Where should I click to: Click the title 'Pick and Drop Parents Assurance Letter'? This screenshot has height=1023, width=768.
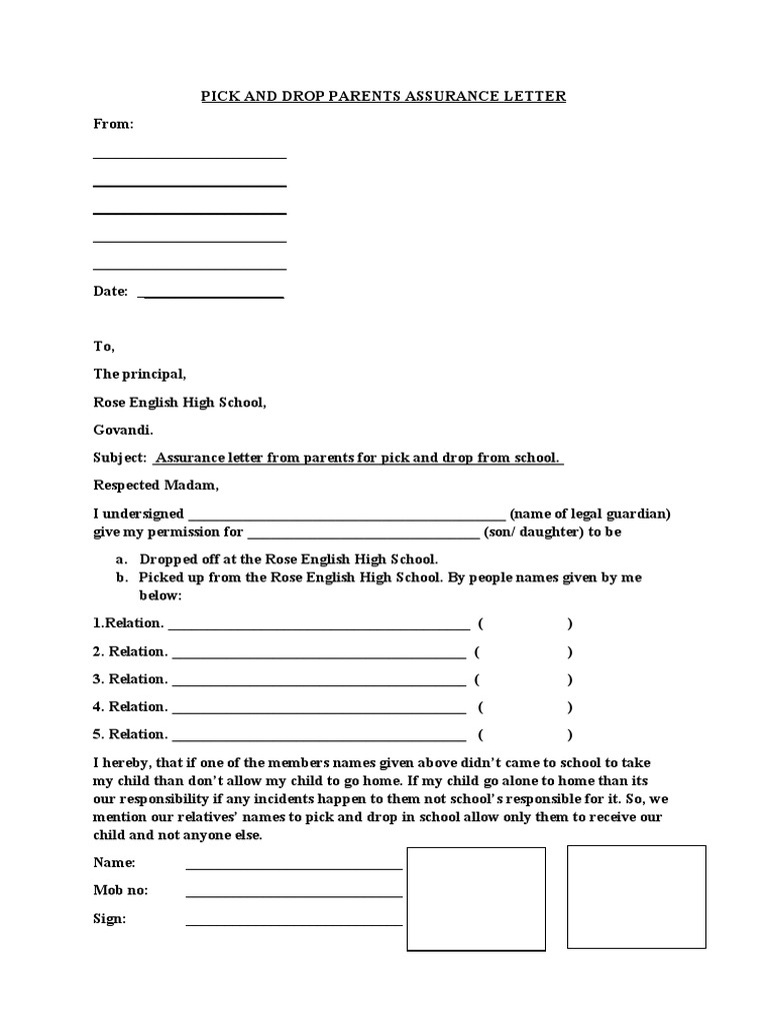[384, 96]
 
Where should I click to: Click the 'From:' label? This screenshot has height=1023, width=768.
[113, 124]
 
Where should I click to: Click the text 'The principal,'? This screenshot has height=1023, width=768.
[139, 374]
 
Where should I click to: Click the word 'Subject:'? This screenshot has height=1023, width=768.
[120, 458]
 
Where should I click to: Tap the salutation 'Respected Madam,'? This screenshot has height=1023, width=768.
[154, 486]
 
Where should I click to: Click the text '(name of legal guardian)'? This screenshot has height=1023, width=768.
[589, 513]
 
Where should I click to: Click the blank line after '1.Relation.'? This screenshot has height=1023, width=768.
[319, 628]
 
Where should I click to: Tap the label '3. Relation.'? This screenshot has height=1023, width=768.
[131, 679]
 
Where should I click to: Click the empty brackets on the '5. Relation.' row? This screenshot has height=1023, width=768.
[524, 734]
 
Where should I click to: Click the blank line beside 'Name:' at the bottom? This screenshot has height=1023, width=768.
[293, 868]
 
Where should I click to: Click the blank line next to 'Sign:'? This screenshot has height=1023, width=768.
[293, 924]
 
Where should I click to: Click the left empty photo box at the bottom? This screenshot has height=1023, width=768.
[476, 899]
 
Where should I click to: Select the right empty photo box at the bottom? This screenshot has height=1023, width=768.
[636, 896]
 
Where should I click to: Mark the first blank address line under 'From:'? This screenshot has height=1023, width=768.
[190, 157]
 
